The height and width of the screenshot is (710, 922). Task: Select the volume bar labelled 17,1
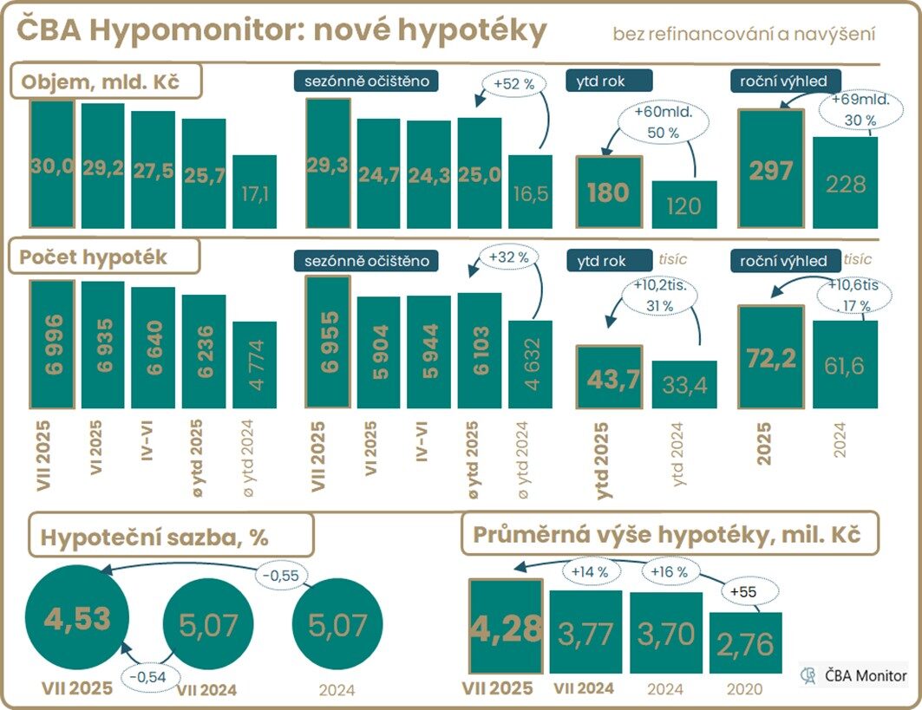point(255,192)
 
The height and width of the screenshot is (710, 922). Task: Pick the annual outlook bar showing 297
point(770,169)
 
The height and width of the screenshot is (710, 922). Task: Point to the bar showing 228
point(846,183)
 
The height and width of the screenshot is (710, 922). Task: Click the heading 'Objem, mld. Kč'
point(106,82)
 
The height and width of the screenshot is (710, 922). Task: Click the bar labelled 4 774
point(255,362)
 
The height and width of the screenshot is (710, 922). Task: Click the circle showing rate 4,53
point(77,620)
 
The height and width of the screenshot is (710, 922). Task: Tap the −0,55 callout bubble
point(281,574)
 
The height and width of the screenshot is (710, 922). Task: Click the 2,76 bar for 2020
point(746,642)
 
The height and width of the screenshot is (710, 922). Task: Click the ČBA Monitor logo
point(855,675)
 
